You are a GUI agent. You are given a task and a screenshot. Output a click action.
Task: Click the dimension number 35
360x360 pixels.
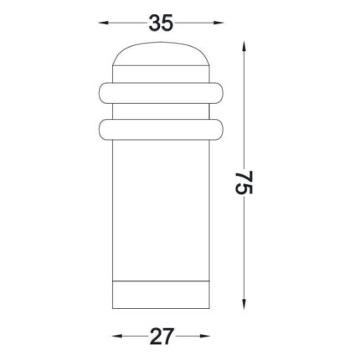click(161, 23)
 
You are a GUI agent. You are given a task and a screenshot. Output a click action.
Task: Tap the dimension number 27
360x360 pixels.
click(162, 336)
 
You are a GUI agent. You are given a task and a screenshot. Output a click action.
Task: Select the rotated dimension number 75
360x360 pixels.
click(244, 183)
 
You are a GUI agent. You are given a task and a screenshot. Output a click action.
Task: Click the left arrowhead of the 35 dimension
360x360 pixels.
click(104, 23)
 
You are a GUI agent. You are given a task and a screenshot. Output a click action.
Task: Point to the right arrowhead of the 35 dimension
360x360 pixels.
click(219, 23)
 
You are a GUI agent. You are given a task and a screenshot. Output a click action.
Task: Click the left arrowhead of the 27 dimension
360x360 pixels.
click(117, 336)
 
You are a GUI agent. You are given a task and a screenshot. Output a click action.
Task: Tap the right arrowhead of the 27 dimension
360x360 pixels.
click(204, 336)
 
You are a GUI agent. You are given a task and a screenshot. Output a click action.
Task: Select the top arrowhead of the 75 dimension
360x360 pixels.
click(244, 46)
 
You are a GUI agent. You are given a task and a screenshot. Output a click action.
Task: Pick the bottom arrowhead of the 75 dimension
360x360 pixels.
click(244, 304)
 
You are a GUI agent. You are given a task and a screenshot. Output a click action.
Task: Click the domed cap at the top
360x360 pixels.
click(161, 54)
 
